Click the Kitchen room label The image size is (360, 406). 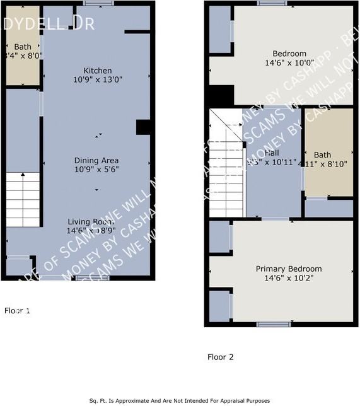[98, 71]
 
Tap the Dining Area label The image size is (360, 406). [96, 160]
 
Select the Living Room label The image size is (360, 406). [91, 222]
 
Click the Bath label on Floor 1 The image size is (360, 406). [23, 47]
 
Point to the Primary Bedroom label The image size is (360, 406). [288, 269]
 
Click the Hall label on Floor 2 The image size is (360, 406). [272, 153]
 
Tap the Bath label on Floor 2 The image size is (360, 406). [322, 154]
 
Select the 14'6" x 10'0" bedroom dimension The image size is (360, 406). [289, 63]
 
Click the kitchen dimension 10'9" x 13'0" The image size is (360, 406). [98, 80]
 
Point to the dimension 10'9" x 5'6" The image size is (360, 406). [96, 170]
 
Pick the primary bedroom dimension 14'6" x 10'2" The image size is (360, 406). [288, 278]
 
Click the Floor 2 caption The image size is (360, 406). [221, 357]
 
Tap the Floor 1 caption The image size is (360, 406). [17, 311]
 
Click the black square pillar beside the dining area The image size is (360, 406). [142, 127]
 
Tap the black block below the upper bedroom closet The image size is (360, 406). [221, 96]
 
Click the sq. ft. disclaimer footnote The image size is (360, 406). [180, 400]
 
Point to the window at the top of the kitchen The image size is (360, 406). [94, 4]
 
